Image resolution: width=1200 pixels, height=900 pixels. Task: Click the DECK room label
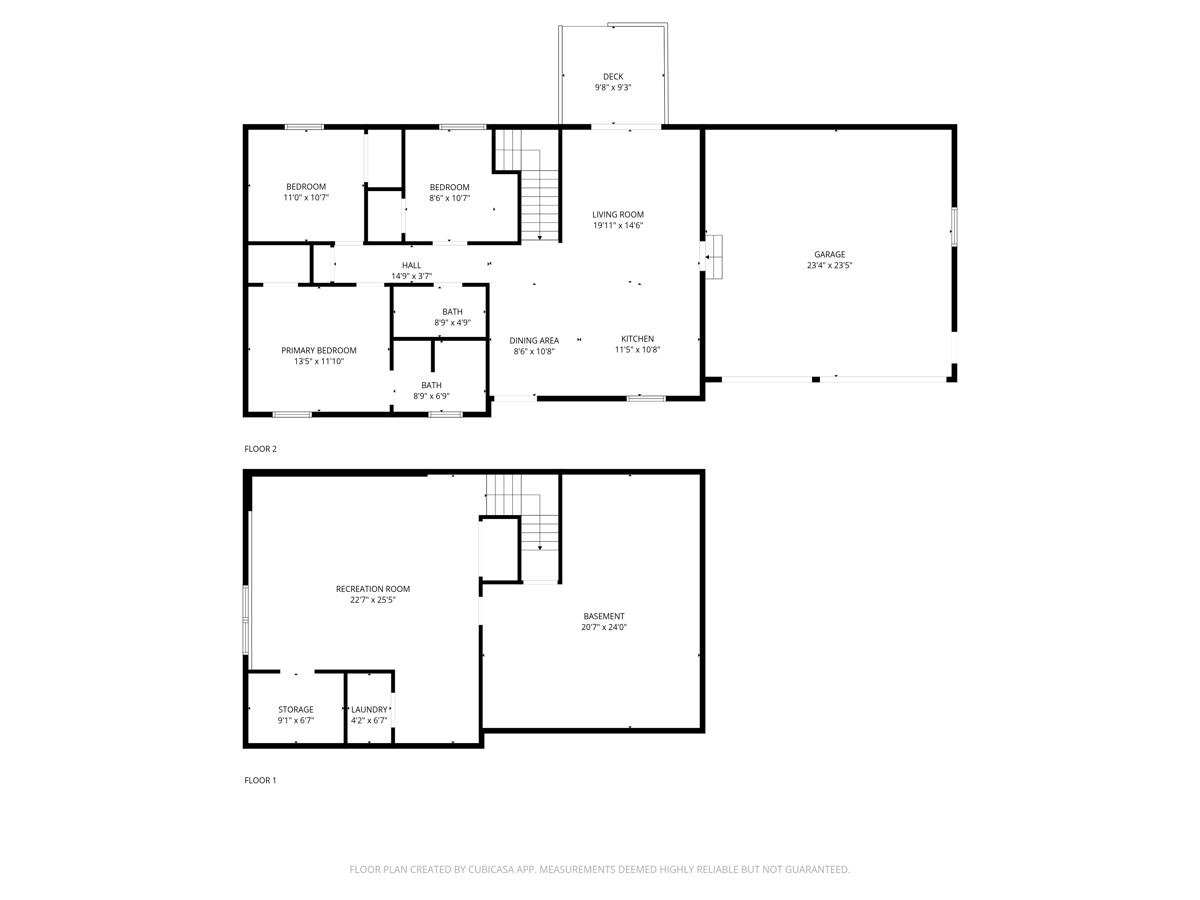coord(613,77)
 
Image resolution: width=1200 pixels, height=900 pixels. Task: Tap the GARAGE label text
coord(829,254)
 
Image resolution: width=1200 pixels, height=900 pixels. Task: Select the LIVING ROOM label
coord(618,214)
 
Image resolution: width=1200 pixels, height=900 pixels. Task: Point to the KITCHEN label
coord(637,339)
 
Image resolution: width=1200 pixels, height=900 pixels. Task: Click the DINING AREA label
coord(534,340)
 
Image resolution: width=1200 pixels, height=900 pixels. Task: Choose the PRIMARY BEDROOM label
coord(319,350)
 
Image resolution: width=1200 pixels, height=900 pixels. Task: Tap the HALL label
coord(412,265)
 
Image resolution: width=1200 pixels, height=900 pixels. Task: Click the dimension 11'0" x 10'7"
coord(306,197)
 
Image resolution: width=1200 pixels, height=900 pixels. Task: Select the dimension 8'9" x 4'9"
coord(453,322)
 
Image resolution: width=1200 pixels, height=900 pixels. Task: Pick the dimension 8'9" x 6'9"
coord(431,396)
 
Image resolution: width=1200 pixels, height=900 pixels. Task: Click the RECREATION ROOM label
coord(373,589)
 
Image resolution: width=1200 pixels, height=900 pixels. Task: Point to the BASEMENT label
coord(604,616)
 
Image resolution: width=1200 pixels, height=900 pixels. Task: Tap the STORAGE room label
coord(296,709)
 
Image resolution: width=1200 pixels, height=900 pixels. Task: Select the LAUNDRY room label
coord(369,709)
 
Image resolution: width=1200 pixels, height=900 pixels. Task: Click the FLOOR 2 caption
coord(260,449)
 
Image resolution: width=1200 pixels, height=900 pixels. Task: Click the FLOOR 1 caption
coord(260,780)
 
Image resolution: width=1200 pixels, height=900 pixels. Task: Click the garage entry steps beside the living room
coord(714,257)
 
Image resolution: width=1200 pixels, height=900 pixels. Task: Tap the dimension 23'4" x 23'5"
coord(829,265)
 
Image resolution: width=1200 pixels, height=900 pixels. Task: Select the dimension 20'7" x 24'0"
coord(604,627)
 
